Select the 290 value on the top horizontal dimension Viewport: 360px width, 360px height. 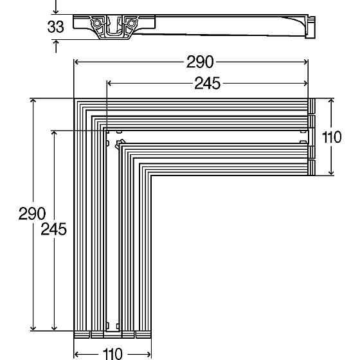point(200,62)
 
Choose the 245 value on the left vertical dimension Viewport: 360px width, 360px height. point(54,230)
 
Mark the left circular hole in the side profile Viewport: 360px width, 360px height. point(97,24)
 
